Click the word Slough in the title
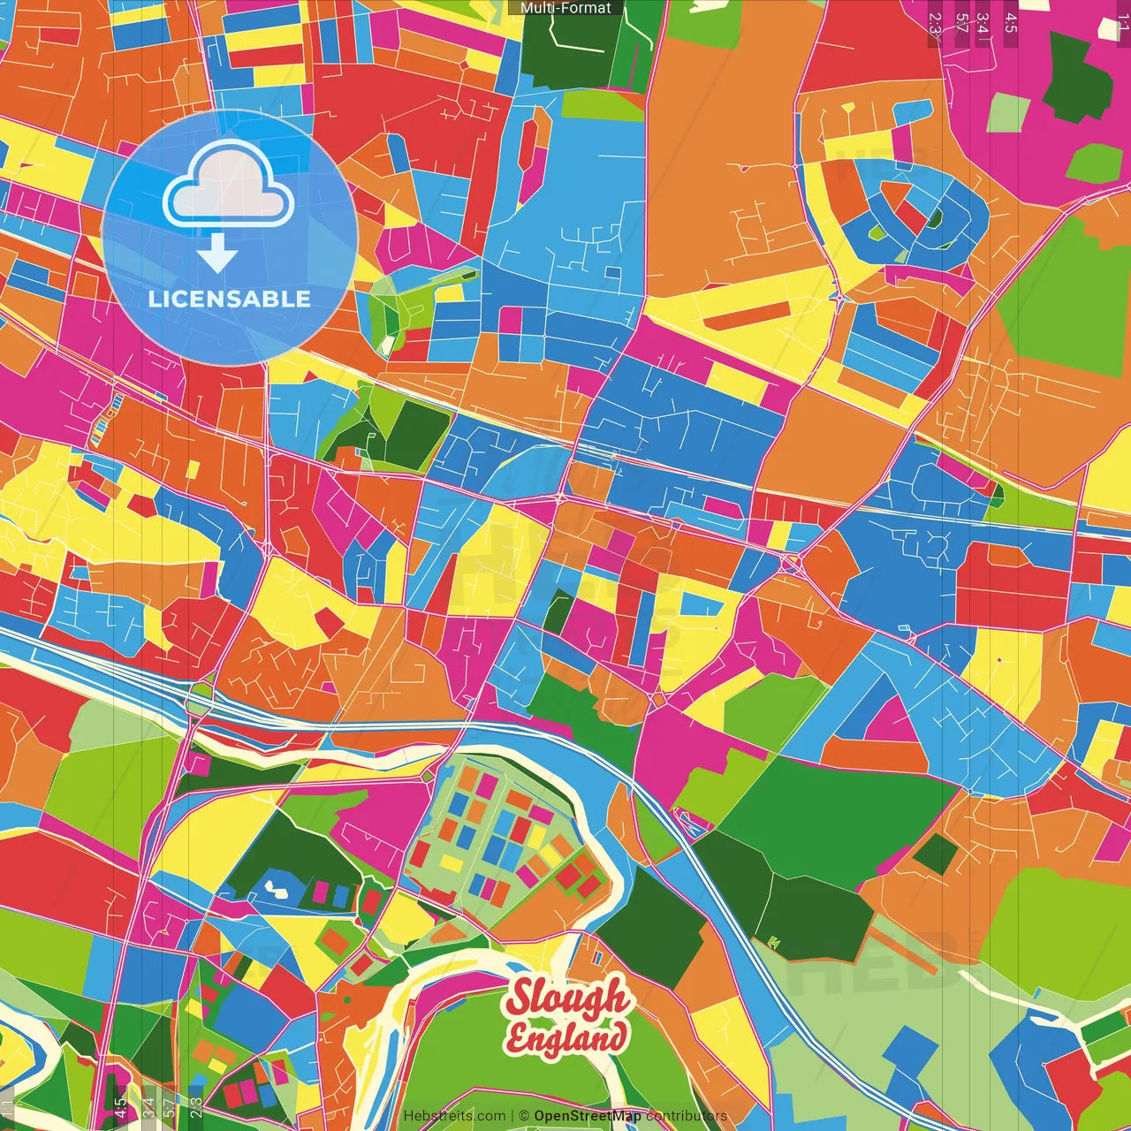(565, 998)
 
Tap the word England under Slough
(565, 1037)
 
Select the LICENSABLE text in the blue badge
(229, 299)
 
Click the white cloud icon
(229, 187)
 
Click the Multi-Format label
(565, 8)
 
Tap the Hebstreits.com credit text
(454, 1116)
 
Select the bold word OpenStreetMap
(588, 1116)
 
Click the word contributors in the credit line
(687, 1116)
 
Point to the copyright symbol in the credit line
(524, 1116)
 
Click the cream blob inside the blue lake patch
(277, 888)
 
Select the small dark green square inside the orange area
(935, 851)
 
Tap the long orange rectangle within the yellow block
(748, 315)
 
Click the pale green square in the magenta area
(1008, 113)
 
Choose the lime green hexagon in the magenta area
(1095, 163)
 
